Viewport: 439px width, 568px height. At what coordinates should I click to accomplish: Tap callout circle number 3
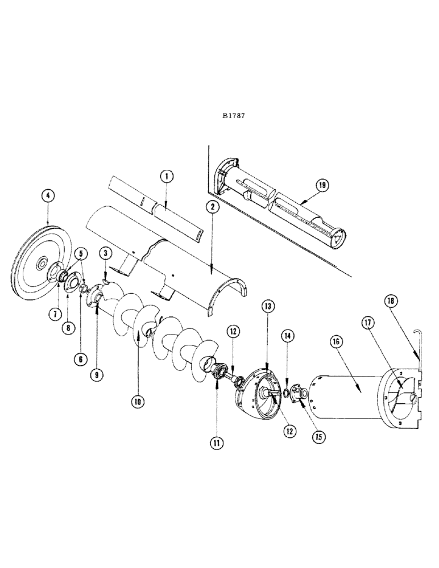[x=48, y=196]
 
